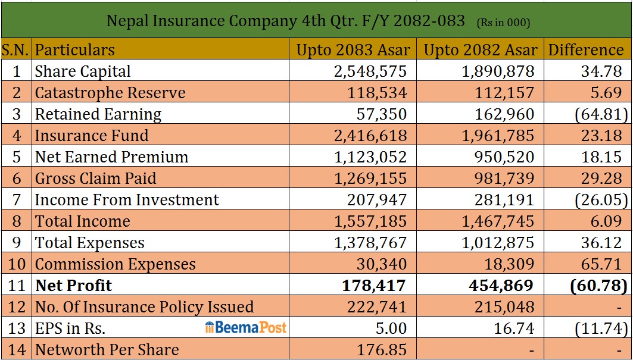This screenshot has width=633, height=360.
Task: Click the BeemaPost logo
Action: click(246, 327)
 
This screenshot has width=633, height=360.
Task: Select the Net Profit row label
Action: click(73, 286)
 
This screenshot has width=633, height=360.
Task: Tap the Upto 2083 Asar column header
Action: click(353, 50)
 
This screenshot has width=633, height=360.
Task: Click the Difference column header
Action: click(586, 50)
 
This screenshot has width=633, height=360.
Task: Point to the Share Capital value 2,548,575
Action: click(370, 71)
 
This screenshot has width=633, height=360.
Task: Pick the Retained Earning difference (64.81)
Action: click(598, 114)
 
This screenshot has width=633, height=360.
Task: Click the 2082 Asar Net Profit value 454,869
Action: click(501, 286)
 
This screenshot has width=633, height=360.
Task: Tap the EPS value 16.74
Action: click(514, 328)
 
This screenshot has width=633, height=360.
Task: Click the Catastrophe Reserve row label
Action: click(110, 93)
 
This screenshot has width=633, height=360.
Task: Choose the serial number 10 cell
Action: click(16, 264)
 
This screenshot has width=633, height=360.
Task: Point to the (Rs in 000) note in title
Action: click(503, 23)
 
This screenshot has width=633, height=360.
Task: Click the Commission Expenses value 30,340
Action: click(382, 264)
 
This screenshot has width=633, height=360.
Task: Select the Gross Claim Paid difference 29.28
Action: click(601, 179)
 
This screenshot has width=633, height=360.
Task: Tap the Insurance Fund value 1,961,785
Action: click(498, 136)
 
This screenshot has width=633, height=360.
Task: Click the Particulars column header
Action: click(74, 50)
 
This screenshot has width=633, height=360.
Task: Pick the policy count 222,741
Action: click(377, 306)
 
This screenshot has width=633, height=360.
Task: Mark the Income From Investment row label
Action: click(127, 200)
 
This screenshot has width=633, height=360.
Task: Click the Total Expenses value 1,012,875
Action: click(498, 243)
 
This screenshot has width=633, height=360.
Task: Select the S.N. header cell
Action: click(16, 50)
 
